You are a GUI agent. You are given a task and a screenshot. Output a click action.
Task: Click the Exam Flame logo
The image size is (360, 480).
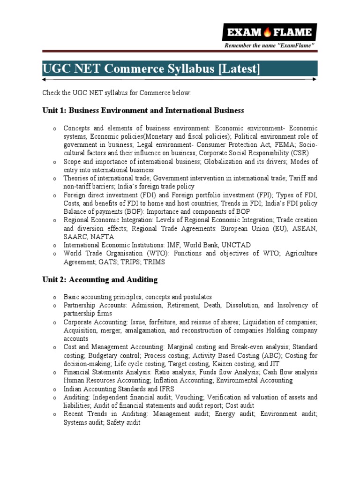tap(269, 32)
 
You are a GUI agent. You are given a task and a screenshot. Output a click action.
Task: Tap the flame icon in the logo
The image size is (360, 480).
tap(268, 32)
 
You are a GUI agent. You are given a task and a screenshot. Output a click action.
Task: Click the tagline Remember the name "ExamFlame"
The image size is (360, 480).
tap(270, 45)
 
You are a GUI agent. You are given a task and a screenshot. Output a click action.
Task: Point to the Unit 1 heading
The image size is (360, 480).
tap(143, 111)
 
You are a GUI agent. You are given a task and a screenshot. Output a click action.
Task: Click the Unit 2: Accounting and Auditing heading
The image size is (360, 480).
tap(100, 280)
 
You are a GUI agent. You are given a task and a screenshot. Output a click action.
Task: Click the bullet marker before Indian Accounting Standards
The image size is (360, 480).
tap(54, 389)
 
